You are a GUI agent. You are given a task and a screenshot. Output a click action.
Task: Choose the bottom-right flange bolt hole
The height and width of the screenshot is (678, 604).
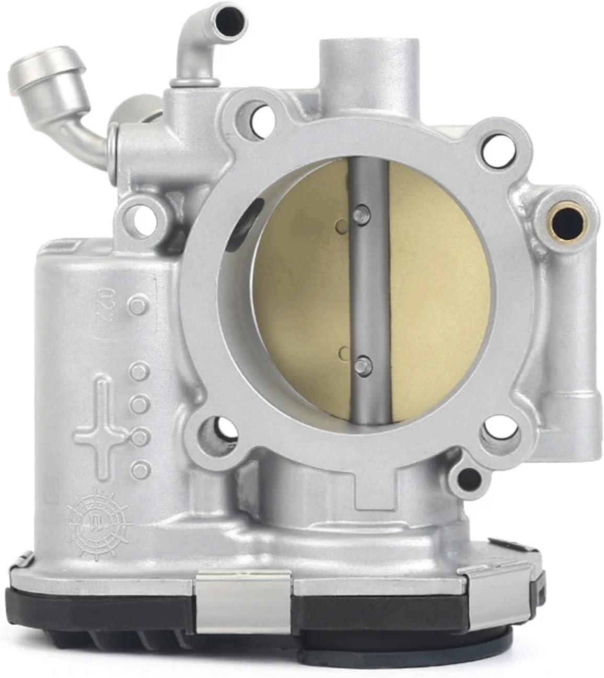(497, 433)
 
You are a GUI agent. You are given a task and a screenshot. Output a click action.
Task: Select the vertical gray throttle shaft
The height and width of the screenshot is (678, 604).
(368, 293)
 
